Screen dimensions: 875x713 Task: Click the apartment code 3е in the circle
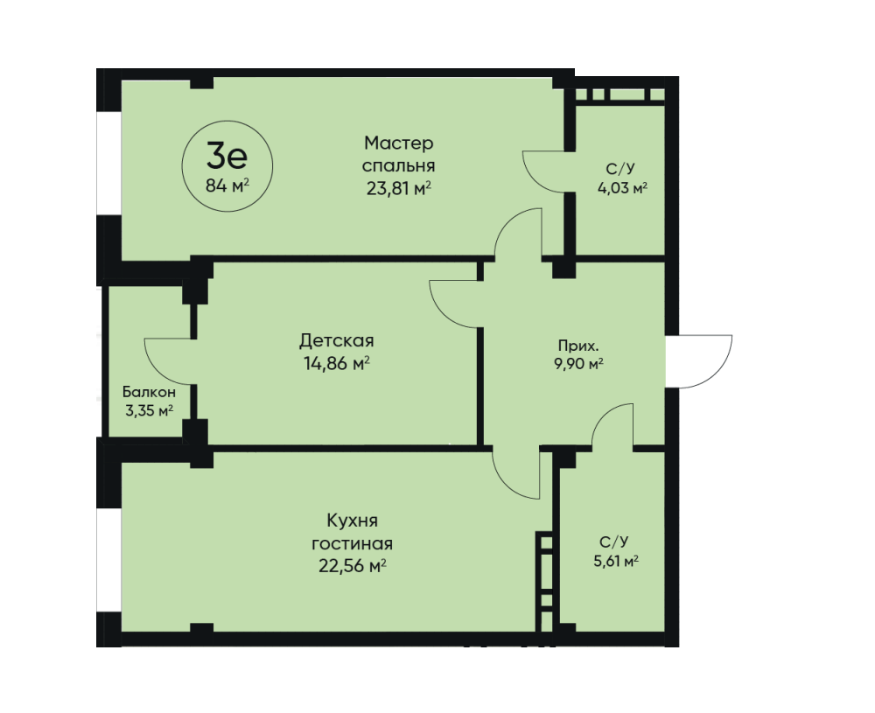[227, 156]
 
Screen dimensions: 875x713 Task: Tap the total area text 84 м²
[227, 185]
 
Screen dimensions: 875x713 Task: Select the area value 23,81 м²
[398, 189]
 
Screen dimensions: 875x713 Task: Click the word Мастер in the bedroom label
[398, 143]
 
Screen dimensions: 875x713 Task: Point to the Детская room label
[337, 340]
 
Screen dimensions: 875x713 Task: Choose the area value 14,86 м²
[337, 364]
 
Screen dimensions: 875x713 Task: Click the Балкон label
[149, 392]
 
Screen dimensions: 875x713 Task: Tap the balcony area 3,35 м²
[149, 411]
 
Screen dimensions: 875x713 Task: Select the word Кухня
[352, 521]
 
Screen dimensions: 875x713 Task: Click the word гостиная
[352, 543]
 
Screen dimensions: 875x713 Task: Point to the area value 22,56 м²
[352, 566]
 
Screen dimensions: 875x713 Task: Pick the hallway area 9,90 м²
[578, 364]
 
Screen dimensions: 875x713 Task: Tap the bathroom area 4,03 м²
[622, 188]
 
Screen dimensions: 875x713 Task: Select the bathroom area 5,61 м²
[616, 561]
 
